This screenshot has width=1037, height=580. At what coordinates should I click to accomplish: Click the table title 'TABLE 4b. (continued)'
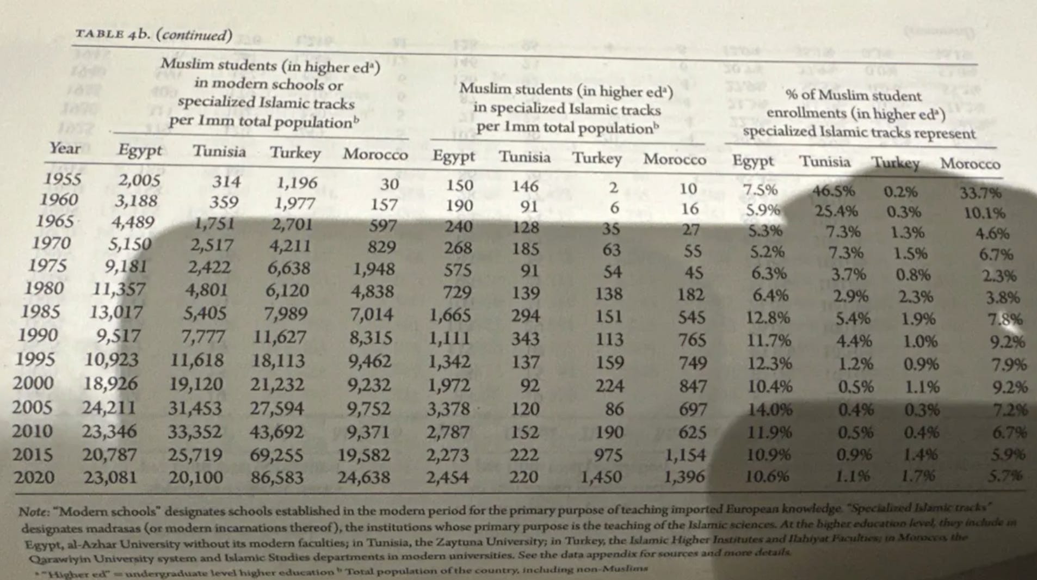[153, 35]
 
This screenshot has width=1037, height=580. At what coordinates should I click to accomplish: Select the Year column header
[65, 148]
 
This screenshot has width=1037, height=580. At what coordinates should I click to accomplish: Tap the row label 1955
[63, 179]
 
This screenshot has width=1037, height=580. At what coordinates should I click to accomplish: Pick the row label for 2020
[34, 477]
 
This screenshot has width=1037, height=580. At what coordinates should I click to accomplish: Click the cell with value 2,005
[139, 180]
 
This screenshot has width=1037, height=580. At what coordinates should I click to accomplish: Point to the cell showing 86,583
[277, 478]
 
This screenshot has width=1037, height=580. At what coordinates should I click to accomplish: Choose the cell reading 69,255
[277, 454]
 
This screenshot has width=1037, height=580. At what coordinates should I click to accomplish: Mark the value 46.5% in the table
[833, 191]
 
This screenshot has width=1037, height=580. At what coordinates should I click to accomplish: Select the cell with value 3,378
[448, 408]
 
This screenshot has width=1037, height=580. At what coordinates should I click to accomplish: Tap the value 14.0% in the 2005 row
[769, 409]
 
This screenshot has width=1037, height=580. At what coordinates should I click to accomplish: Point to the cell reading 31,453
[195, 408]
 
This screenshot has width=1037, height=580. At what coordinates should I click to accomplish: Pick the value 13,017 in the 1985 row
[116, 312]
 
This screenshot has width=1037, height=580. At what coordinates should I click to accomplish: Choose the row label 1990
[38, 335]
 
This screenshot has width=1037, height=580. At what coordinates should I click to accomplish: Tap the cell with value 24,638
[363, 478]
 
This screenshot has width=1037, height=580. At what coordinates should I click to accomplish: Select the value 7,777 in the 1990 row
[202, 337]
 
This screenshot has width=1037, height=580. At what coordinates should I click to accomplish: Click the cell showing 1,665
[450, 315]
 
